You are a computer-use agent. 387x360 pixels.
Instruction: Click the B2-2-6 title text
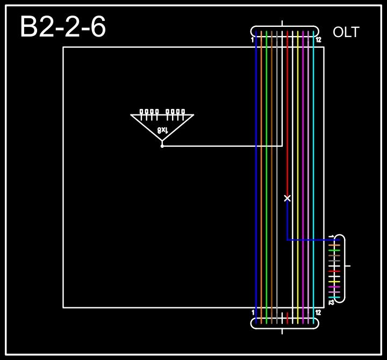click(63, 27)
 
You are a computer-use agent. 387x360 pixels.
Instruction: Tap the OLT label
click(346, 32)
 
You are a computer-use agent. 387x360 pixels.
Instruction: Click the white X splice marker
click(288, 198)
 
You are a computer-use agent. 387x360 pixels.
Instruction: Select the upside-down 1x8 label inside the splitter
click(162, 129)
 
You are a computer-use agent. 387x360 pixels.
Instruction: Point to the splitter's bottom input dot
click(162, 146)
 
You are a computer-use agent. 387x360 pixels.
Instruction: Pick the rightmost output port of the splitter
click(183, 112)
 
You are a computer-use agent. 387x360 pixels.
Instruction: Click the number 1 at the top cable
click(253, 40)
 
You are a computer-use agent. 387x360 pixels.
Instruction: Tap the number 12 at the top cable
click(318, 40)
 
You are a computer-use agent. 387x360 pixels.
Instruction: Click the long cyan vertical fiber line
click(314, 161)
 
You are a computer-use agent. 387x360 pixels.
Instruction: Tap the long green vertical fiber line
click(267, 161)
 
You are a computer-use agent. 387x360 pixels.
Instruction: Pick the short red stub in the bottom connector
click(288, 316)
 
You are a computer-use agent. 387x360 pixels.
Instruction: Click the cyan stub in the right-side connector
click(334, 297)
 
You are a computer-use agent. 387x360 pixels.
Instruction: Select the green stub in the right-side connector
click(334, 250)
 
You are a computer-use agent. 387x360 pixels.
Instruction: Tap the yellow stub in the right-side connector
click(334, 282)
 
